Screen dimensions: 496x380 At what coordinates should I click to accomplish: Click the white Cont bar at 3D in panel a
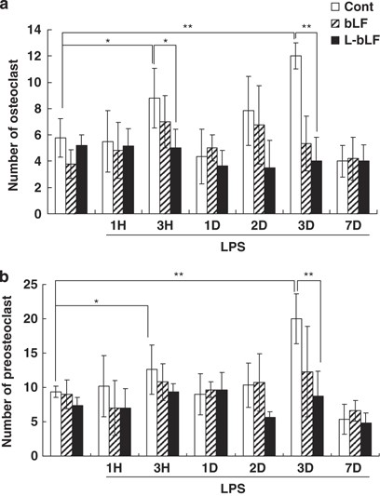tap(296, 135)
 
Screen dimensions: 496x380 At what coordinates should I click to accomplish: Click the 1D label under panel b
tap(205, 470)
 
